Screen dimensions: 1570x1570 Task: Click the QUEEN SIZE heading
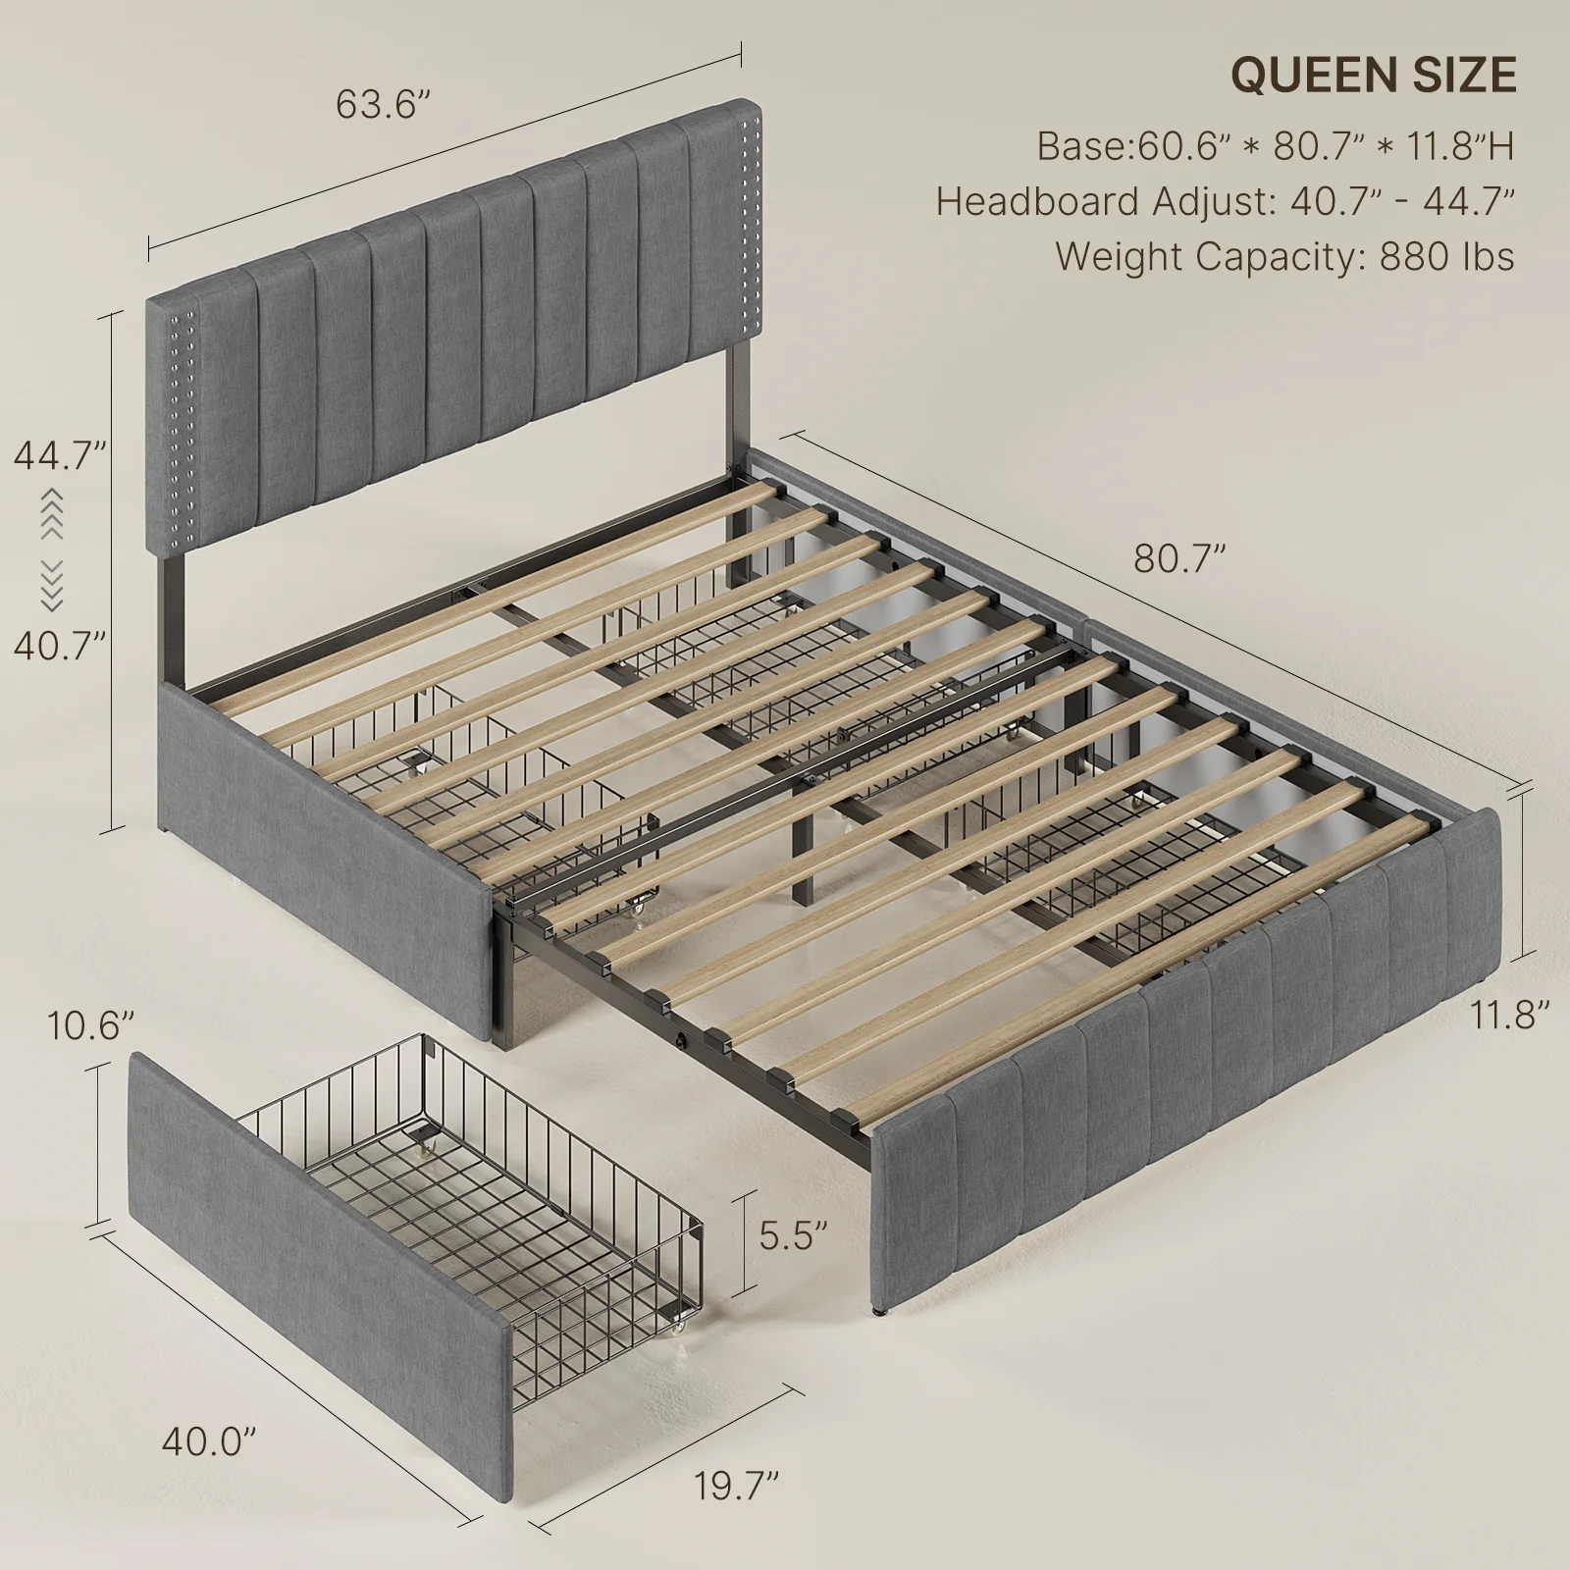1374,76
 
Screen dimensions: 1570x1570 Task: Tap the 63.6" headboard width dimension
384,103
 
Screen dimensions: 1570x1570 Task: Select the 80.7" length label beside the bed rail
1180,558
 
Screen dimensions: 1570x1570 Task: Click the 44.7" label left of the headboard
59,455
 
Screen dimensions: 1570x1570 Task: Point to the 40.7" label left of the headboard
59,645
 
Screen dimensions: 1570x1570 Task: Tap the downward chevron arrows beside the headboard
52,586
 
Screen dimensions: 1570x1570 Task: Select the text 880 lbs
1447,257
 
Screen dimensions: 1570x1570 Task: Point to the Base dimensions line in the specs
1276,147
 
